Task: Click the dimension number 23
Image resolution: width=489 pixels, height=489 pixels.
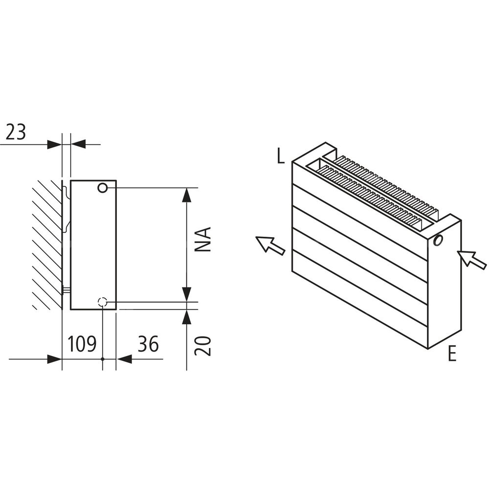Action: coord(16,132)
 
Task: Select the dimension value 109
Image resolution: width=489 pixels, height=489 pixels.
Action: coord(82,344)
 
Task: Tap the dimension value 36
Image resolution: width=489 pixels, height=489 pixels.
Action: coord(148,344)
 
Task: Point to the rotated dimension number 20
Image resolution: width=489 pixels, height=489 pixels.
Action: coord(203,346)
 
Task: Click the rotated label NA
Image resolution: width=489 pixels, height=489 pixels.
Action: coord(203,240)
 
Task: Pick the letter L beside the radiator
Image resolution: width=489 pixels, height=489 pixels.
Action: coord(281,156)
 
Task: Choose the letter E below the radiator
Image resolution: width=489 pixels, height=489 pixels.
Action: coord(452,354)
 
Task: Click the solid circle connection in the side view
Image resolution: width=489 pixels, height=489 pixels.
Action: coord(103,188)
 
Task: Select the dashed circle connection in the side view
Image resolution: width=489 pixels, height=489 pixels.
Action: coord(103,302)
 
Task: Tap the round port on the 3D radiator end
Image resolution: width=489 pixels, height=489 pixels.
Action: coord(438,240)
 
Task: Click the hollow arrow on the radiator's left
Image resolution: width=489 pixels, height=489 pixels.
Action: coord(270,244)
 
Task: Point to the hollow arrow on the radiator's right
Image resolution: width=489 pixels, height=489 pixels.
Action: coord(471,259)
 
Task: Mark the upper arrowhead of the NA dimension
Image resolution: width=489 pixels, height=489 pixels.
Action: coord(186,195)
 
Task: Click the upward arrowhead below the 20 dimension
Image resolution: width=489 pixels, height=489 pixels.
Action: coord(186,317)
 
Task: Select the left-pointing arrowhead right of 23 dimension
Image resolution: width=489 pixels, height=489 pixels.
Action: coord(78,144)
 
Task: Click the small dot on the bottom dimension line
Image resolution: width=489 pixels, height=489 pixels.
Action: coord(103,359)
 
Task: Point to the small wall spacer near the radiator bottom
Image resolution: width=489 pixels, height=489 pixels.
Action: coord(67,290)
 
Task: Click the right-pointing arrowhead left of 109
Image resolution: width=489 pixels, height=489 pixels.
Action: coord(55,359)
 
